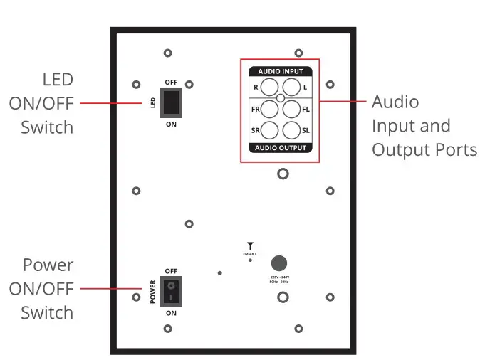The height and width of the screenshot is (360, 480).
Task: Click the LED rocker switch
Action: pyautogui.click(x=171, y=103)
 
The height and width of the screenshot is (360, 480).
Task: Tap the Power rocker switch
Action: pyautogui.click(x=171, y=292)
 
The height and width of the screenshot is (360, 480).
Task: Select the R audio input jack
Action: pyautogui.click(x=270, y=88)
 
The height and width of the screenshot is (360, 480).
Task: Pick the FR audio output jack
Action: pyautogui.click(x=270, y=109)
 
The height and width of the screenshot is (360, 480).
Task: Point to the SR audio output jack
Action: pyautogui.click(x=270, y=130)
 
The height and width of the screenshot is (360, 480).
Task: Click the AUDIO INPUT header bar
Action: pyautogui.click(x=280, y=72)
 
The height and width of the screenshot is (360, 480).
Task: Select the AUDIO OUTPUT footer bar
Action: pyautogui.click(x=280, y=148)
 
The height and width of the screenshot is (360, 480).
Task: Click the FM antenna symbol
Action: pyautogui.click(x=250, y=245)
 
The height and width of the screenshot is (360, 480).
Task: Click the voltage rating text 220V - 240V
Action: pyautogui.click(x=278, y=277)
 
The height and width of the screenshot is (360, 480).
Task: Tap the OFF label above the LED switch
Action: pyautogui.click(x=171, y=83)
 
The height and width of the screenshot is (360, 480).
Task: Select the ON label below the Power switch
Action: pyautogui.click(x=171, y=313)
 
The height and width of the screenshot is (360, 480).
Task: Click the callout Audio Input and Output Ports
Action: pyautogui.click(x=423, y=126)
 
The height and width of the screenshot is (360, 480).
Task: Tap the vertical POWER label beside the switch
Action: pyautogui.click(x=152, y=292)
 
